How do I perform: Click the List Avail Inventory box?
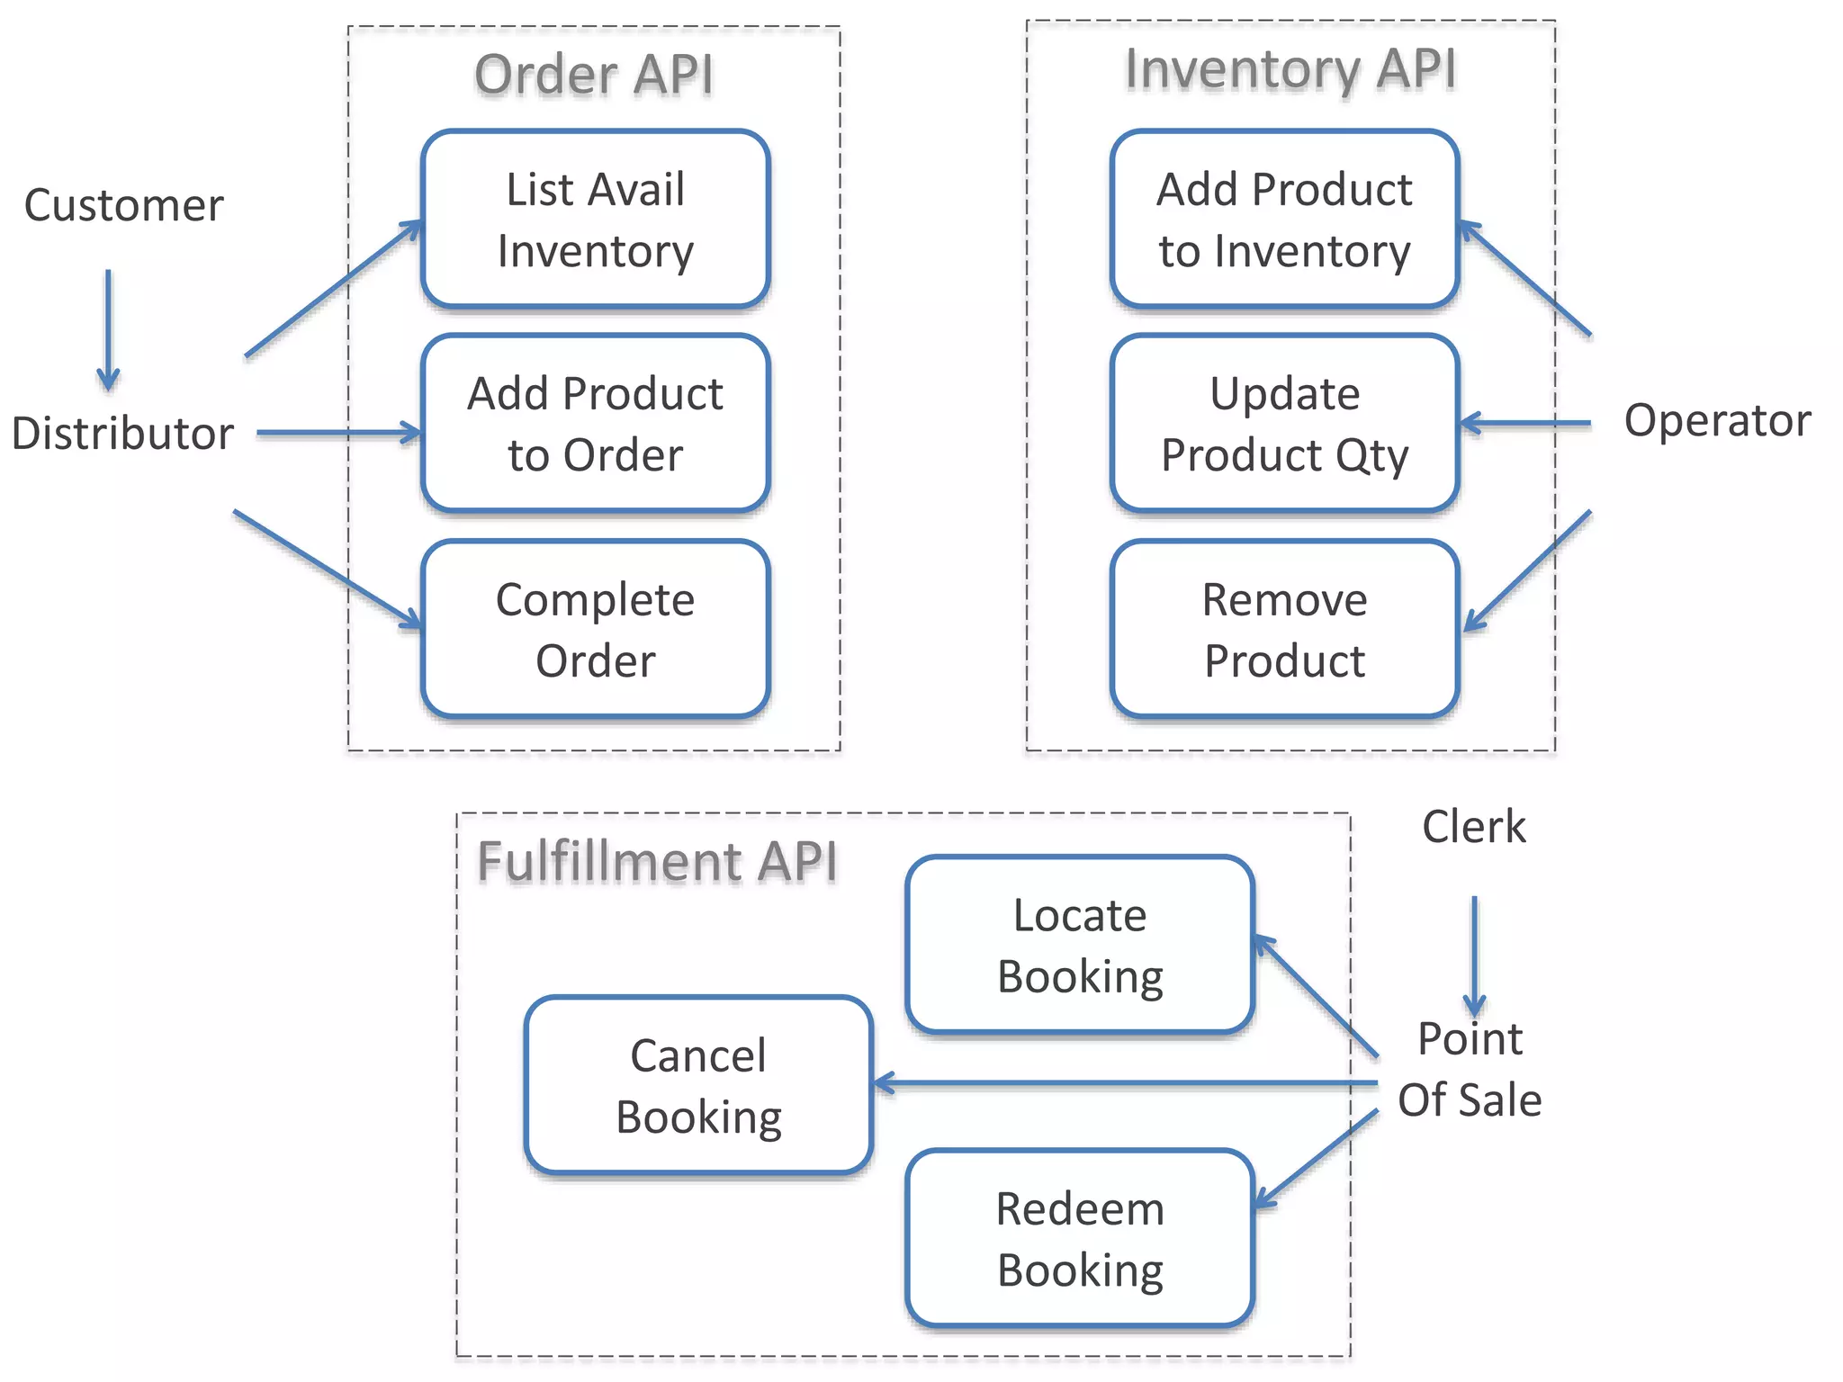(x=595, y=220)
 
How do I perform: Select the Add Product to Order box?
(x=595, y=424)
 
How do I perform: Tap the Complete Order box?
(x=595, y=629)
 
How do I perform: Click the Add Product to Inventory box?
(x=1284, y=220)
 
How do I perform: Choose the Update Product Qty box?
(x=1284, y=424)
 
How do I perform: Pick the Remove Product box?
(x=1284, y=629)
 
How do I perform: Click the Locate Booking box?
(x=1080, y=945)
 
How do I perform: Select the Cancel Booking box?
(x=698, y=1085)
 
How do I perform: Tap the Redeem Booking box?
(x=1080, y=1238)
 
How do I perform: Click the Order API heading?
(x=594, y=74)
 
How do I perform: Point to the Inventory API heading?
(x=1290, y=69)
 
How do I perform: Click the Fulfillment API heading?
(x=657, y=861)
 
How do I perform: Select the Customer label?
(x=124, y=205)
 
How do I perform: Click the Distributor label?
(x=122, y=433)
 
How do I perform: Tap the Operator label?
(x=1717, y=420)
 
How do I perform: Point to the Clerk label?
(x=1473, y=826)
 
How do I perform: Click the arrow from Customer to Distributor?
(x=108, y=329)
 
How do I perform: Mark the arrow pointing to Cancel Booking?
(x=1125, y=1084)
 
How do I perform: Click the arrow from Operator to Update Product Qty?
(x=1525, y=423)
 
